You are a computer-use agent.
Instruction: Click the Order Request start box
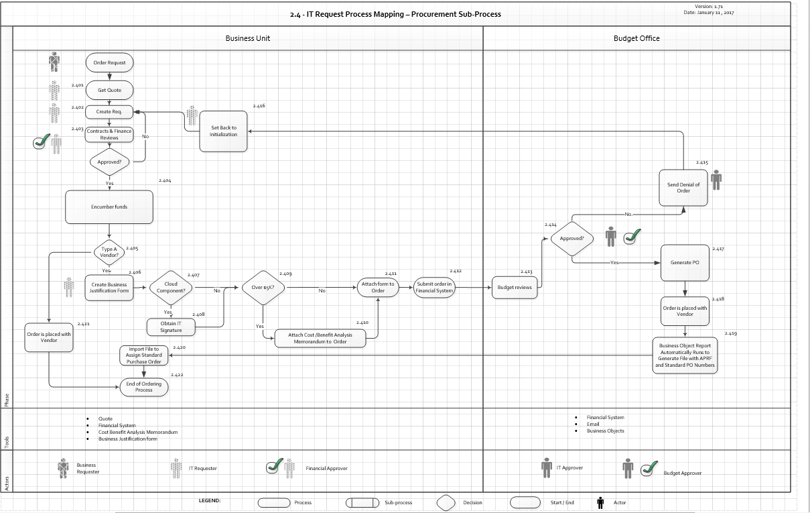(x=109, y=62)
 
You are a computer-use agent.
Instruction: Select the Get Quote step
(x=109, y=90)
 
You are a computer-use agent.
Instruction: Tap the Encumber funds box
(x=109, y=207)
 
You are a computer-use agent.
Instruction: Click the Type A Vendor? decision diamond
(x=109, y=251)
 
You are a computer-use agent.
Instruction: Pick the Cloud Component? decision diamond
(x=171, y=288)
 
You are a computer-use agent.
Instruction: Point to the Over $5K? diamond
(x=263, y=288)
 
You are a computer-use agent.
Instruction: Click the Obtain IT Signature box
(x=171, y=327)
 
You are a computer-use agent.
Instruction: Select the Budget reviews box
(x=515, y=287)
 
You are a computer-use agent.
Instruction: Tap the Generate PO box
(x=685, y=262)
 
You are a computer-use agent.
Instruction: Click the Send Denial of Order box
(x=683, y=187)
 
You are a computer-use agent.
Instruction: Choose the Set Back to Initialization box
(x=224, y=131)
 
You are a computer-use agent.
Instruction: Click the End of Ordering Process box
(x=143, y=387)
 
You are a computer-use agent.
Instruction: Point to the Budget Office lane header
(x=636, y=38)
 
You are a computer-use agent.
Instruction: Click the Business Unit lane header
(x=248, y=38)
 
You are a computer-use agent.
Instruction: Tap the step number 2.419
(x=731, y=333)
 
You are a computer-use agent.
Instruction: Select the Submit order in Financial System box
(x=434, y=287)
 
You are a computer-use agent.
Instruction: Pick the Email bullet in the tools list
(x=593, y=424)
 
